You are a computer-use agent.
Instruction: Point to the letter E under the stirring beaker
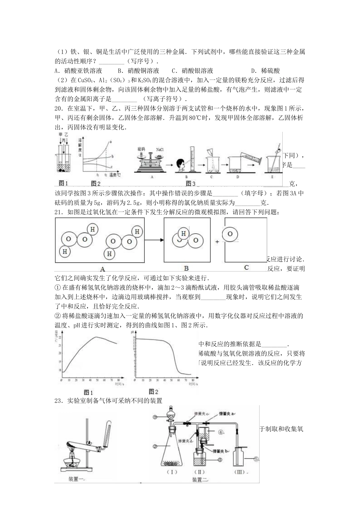point(273,176)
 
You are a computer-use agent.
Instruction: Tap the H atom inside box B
point(184,234)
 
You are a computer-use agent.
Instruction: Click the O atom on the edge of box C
point(230,234)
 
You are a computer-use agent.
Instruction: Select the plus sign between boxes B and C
point(217,241)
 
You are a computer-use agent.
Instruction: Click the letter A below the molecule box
point(102,269)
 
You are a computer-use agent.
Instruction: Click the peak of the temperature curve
point(97,337)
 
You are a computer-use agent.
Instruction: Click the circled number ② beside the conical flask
point(155,447)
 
